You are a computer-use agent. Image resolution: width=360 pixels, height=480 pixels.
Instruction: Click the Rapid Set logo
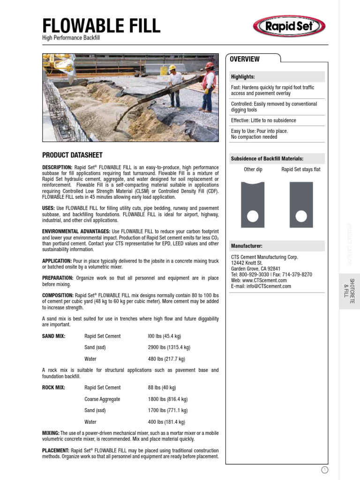(x=289, y=26)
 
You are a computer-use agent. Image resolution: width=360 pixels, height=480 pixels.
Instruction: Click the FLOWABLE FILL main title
(x=101, y=25)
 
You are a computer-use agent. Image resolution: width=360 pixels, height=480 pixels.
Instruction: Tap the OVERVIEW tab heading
(x=244, y=59)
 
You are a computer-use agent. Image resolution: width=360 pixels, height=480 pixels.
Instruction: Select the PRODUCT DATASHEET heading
(x=72, y=155)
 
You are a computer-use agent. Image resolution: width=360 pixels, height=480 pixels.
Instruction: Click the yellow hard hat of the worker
(x=172, y=68)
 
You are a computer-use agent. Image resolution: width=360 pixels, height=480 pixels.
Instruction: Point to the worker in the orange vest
(x=208, y=86)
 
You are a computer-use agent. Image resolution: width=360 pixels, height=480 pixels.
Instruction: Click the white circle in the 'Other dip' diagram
(x=252, y=216)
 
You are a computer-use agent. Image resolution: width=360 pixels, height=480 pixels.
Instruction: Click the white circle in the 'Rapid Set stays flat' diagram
(x=301, y=216)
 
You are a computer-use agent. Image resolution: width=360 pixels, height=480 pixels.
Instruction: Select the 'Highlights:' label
(x=243, y=77)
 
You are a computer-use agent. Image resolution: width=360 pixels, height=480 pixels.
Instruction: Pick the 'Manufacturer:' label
(x=247, y=246)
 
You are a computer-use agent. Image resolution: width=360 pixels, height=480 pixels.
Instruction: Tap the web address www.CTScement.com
(x=265, y=280)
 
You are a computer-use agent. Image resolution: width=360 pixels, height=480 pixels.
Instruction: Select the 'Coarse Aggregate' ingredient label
(x=102, y=399)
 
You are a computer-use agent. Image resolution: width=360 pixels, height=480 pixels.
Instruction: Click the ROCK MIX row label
(x=53, y=388)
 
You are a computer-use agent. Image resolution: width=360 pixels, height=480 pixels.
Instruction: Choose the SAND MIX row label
(x=53, y=336)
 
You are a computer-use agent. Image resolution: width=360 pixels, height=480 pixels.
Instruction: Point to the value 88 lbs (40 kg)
(x=162, y=388)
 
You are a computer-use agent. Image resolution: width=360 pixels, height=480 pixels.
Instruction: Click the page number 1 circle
(x=325, y=470)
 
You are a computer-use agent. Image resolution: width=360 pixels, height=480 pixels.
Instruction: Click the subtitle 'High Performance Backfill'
(x=71, y=37)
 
